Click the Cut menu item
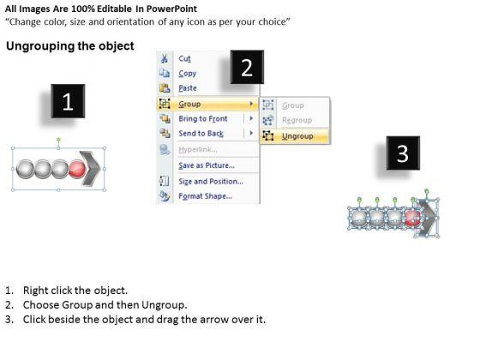[x=184, y=58]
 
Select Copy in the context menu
[x=188, y=74]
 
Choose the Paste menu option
[x=188, y=88]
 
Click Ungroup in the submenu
[x=297, y=136]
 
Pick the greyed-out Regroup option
[x=297, y=120]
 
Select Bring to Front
[x=203, y=119]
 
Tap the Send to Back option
[x=201, y=134]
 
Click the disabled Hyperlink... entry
[x=198, y=149]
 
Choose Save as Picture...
[x=207, y=165]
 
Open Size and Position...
[x=211, y=182]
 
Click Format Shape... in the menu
[x=205, y=196]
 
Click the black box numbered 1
[x=68, y=101]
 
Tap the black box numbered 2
[x=247, y=67]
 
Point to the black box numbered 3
[x=403, y=153]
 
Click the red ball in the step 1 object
[x=77, y=169]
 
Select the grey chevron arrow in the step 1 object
[x=91, y=168]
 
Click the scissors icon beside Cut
[x=165, y=58]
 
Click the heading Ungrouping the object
[x=70, y=46]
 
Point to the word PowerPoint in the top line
[x=171, y=9]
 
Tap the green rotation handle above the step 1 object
[x=58, y=140]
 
